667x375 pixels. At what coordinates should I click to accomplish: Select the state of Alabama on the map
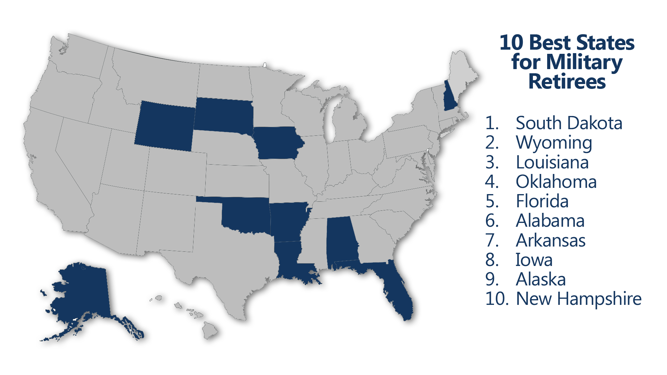click(341, 241)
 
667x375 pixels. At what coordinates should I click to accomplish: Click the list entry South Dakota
click(569, 123)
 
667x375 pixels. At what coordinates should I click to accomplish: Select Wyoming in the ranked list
click(554, 143)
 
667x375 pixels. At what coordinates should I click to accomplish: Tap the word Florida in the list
click(542, 201)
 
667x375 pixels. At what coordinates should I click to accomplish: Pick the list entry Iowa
click(534, 260)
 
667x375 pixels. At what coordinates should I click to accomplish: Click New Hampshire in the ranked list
click(579, 299)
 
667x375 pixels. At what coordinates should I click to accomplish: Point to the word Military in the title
click(584, 62)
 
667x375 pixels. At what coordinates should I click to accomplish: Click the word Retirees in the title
click(567, 82)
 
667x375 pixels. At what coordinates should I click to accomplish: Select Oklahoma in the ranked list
click(556, 182)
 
